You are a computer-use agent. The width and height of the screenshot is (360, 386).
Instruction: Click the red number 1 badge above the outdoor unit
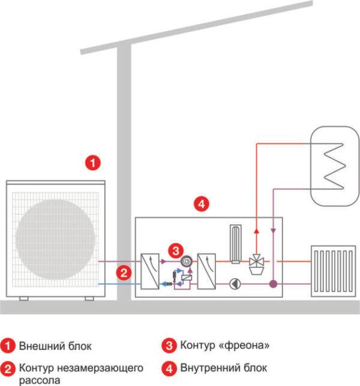(x=92, y=162)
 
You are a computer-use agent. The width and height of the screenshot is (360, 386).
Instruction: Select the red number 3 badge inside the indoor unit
(x=175, y=249)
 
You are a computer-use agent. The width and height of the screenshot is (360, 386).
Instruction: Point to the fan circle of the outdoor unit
(x=56, y=237)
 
